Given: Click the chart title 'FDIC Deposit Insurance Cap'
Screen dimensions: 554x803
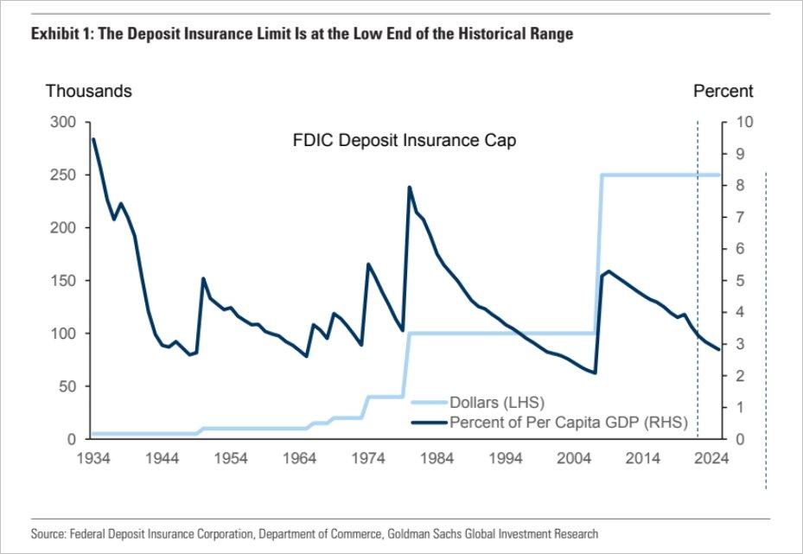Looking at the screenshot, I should coord(405,140).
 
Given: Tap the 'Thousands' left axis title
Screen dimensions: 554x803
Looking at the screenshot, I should coord(89,91).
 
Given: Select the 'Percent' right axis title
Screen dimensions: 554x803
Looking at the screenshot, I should coord(723,91).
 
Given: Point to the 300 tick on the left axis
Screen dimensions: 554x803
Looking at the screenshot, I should coord(65,123).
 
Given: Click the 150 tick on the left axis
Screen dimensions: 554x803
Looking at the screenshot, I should coord(65,281).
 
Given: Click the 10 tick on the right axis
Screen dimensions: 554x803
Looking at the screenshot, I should coord(743,123).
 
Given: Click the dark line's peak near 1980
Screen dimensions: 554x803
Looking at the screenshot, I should coord(410,187).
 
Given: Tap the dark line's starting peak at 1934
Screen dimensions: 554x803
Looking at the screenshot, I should coord(93,139).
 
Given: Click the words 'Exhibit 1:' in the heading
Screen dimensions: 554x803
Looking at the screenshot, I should coord(61,35).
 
